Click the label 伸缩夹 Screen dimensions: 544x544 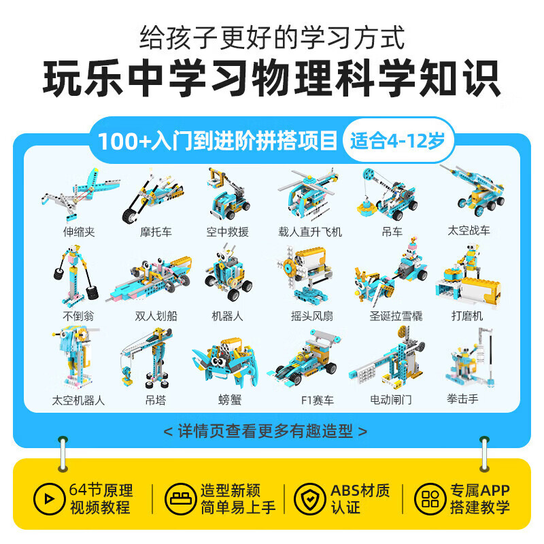(x=79, y=232)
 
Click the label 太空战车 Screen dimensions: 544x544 (x=469, y=231)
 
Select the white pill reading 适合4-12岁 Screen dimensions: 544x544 (x=398, y=141)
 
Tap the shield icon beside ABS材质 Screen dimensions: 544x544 (x=309, y=498)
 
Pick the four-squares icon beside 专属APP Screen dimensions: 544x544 (x=429, y=498)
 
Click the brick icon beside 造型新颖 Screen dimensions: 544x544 (x=179, y=498)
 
